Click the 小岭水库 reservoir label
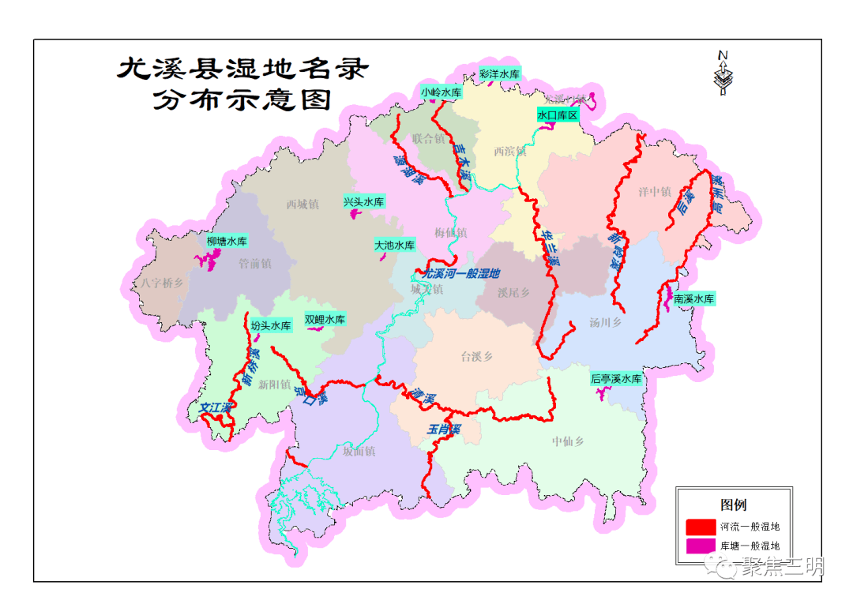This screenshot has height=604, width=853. (x=441, y=92)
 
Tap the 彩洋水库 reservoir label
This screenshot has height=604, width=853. (x=499, y=74)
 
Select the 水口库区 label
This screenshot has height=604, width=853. (x=558, y=115)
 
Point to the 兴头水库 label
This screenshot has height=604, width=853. (x=364, y=202)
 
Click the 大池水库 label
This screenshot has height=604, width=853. (x=395, y=246)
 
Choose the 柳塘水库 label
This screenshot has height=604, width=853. (x=227, y=242)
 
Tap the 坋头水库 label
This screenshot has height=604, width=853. (x=271, y=325)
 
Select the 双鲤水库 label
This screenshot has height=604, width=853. (x=325, y=320)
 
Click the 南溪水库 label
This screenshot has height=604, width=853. (x=694, y=299)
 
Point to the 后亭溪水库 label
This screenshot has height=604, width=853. (x=616, y=379)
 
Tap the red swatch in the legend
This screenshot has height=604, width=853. (x=699, y=527)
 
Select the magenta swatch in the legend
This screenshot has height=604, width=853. (x=699, y=546)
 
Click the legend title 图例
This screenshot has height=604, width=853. (x=733, y=505)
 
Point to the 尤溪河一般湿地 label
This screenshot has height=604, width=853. (x=462, y=274)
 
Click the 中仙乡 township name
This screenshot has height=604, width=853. (x=568, y=441)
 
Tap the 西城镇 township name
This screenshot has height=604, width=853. (x=302, y=204)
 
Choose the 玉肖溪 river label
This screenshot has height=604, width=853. (x=443, y=430)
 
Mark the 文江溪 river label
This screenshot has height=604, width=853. (x=216, y=409)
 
